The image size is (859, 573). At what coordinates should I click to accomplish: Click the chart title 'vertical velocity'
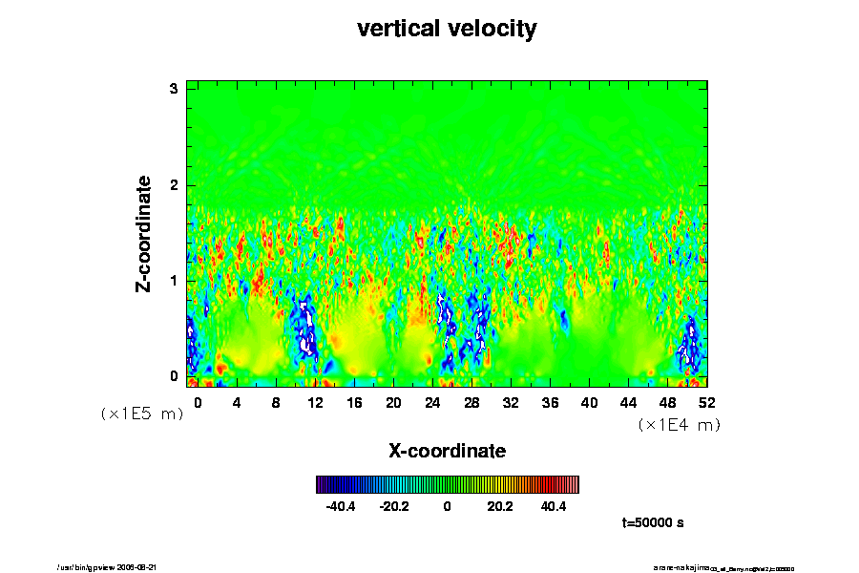447,29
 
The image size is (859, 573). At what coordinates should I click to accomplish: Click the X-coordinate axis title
447,451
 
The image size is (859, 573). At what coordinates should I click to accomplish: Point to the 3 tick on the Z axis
175,89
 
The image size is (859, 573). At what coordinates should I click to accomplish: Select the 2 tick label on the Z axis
175,185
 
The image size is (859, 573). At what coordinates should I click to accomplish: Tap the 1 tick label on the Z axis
175,281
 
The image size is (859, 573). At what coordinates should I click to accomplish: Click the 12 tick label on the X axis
315,403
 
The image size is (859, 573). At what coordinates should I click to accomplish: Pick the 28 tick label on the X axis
471,403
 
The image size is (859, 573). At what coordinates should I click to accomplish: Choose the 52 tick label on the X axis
707,403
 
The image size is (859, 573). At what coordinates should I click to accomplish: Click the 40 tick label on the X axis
589,403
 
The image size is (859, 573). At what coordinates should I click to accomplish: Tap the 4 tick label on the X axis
237,403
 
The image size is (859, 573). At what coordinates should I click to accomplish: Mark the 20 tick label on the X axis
393,403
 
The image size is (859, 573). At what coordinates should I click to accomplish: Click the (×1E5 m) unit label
141,414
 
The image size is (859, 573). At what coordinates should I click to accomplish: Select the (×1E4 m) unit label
679,424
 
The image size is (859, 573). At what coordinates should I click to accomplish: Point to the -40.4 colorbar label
341,506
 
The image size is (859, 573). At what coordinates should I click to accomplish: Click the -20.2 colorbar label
394,506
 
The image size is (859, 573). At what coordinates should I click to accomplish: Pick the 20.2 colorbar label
500,506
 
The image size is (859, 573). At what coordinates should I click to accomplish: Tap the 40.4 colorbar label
554,506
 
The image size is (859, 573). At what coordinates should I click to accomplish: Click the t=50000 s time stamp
653,523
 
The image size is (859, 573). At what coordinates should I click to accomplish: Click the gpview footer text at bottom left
115,567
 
